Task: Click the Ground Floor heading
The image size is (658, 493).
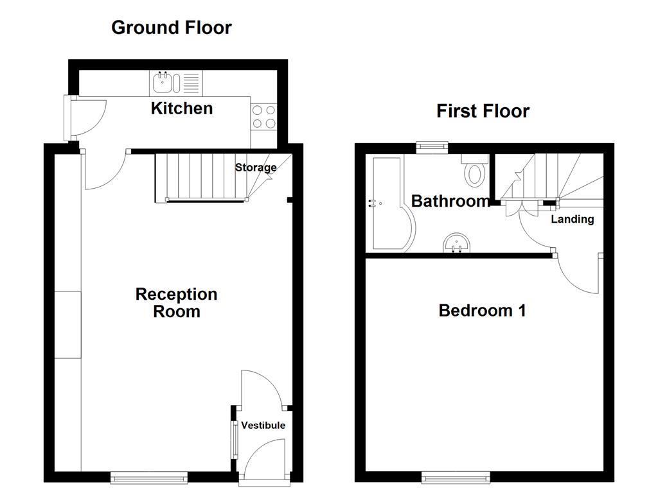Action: [171, 28]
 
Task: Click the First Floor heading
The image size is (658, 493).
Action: [483, 111]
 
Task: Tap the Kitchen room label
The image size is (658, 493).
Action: [182, 108]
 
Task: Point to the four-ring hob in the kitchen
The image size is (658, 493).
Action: [263, 116]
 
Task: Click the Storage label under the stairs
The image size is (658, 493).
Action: [256, 168]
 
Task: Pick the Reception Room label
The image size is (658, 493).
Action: [176, 303]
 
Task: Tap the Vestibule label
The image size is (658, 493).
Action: [263, 425]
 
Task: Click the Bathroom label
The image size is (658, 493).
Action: [450, 201]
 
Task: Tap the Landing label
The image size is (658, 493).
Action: [572, 220]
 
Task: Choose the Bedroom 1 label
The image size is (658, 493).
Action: [482, 311]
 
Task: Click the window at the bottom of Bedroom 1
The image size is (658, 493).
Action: [456, 478]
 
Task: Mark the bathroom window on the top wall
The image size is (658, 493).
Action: [432, 146]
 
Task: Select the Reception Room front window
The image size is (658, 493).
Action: [149, 477]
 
